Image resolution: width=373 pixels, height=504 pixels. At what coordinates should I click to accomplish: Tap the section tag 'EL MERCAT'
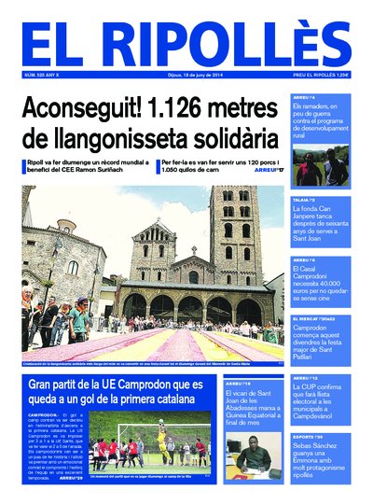tap(305, 318)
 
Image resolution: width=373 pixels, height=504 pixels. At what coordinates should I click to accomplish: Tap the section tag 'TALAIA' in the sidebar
tap(302, 200)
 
